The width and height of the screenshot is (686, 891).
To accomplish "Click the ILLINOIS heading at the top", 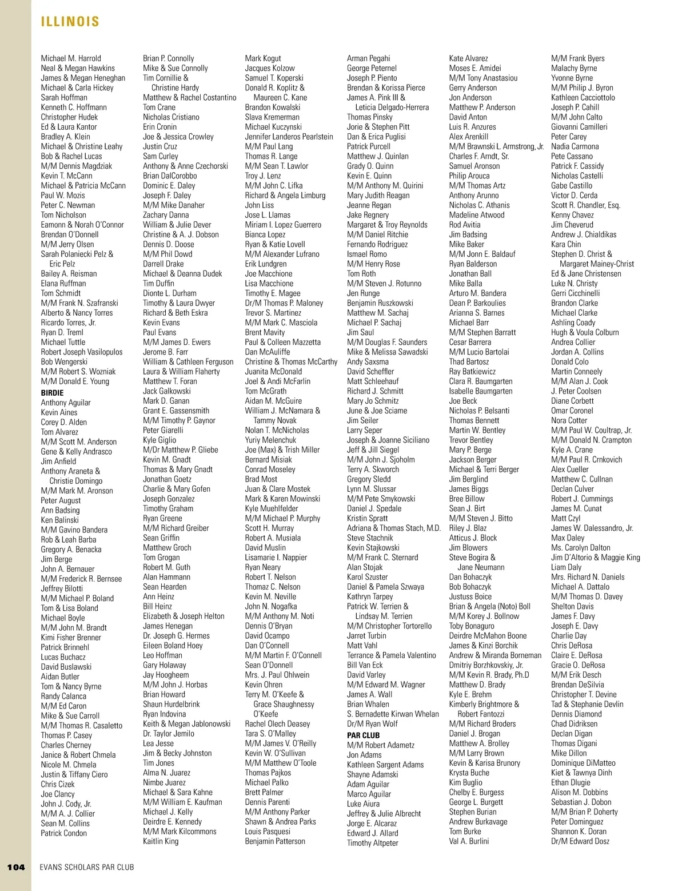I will (70, 22).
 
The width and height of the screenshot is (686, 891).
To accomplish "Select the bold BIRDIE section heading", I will (52, 393).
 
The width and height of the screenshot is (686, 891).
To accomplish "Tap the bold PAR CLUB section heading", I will (363, 735).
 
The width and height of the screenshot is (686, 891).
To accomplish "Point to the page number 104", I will (16, 867).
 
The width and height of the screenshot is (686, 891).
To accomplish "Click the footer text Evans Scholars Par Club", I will (87, 867).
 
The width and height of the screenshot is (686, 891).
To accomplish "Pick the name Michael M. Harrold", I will (71, 58).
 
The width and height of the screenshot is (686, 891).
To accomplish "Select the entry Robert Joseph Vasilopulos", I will (82, 352).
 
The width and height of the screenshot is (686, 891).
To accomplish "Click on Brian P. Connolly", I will (169, 58).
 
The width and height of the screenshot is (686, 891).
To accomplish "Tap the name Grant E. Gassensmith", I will (176, 411).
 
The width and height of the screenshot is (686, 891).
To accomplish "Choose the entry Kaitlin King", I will (161, 841).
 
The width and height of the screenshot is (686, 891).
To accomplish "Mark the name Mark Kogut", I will (263, 58).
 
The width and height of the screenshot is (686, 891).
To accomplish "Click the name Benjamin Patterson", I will (275, 841).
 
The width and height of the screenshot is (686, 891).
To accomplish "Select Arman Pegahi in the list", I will (369, 58).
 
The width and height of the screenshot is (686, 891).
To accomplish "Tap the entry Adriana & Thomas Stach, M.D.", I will (394, 528).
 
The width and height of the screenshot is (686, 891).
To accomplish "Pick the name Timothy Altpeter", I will (373, 843).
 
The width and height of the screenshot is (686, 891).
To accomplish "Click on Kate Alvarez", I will (469, 58).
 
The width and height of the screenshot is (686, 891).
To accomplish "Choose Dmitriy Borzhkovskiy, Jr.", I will (486, 665).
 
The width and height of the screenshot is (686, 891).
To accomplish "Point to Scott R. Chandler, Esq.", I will (585, 205).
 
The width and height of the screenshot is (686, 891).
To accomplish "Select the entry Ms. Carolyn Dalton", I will (581, 548).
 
